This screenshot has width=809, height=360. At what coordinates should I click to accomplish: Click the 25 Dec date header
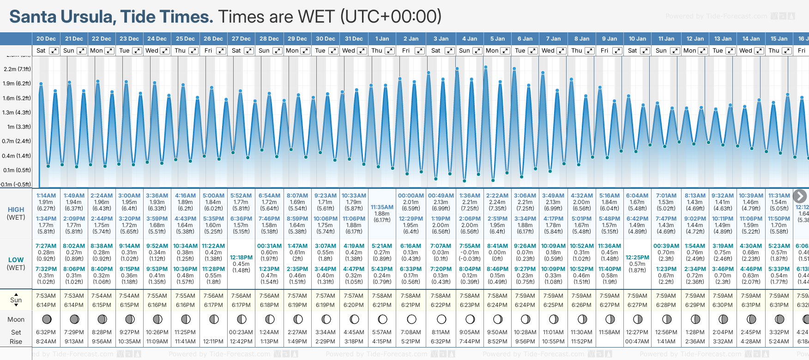pyautogui.click(x=185, y=39)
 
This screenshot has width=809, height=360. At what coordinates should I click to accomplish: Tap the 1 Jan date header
pyautogui.click(x=382, y=39)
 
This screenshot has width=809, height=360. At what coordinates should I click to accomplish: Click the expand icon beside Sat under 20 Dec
pyautogui.click(x=54, y=51)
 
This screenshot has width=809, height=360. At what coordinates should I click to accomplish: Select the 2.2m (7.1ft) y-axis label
pyautogui.click(x=17, y=69)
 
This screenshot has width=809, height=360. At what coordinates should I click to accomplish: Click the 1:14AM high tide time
pyautogui.click(x=46, y=196)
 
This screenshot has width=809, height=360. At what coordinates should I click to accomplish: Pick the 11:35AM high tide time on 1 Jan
pyautogui.click(x=382, y=207)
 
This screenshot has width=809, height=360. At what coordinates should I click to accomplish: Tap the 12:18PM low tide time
pyautogui.click(x=241, y=258)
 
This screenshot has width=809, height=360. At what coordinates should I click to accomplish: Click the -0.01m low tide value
pyautogui.click(x=470, y=252)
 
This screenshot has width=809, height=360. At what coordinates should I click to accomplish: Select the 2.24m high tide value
pyautogui.click(x=497, y=202)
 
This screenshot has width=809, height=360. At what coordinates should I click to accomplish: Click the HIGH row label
pyautogui.click(x=16, y=210)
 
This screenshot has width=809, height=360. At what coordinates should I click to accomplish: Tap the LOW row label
pyautogui.click(x=16, y=260)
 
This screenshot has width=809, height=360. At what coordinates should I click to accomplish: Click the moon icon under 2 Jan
pyautogui.click(x=411, y=319)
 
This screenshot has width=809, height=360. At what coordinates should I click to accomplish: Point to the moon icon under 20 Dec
pyautogui.click(x=46, y=319)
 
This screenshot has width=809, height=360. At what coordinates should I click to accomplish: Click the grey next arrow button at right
pyautogui.click(x=800, y=196)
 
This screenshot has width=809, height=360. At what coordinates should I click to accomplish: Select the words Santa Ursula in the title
pyautogui.click(x=62, y=17)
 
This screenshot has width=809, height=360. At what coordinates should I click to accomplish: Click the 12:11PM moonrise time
pyautogui.click(x=213, y=342)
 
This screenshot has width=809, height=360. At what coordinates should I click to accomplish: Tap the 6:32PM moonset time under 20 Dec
pyautogui.click(x=46, y=332)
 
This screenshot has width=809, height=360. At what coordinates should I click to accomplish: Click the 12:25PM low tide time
pyautogui.click(x=637, y=258)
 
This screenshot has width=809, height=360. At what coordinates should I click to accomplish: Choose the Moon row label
pyautogui.click(x=16, y=319)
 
